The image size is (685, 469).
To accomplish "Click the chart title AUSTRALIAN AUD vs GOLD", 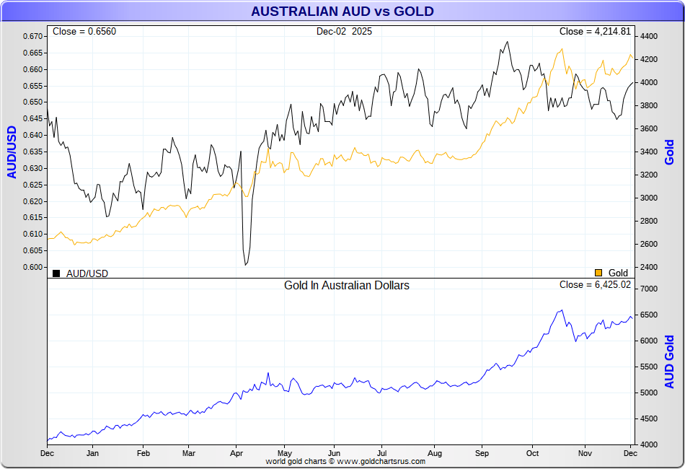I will tap(342, 12).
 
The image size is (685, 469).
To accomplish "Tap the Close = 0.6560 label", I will tap(84, 32).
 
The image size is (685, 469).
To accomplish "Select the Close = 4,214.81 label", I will tap(595, 32).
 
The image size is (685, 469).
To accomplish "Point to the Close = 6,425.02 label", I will tap(595, 285).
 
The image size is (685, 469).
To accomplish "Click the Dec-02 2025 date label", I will tap(345, 32).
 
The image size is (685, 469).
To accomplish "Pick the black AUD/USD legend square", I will tap(56, 273).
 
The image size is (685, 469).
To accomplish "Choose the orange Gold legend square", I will tap(598, 273).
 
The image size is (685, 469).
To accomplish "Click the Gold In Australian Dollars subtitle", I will tap(347, 286).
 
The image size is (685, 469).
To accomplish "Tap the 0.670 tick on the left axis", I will tap(32, 36).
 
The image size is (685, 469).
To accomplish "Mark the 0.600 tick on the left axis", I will tap(32, 267).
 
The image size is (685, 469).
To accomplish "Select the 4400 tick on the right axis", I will tap(648, 36).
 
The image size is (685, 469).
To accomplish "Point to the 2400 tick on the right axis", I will tap(648, 267).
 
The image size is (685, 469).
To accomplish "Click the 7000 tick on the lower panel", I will tap(648, 289).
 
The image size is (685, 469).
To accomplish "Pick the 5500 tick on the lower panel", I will tap(648, 367).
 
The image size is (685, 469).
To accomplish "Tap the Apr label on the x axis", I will tap(236, 454).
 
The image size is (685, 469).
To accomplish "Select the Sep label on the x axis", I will tap(482, 454).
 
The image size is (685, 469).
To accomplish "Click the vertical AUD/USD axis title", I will tap(12, 152).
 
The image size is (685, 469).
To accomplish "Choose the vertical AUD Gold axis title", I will tap(670, 361).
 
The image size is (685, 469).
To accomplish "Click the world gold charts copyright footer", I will tap(345, 461).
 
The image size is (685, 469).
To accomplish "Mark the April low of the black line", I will tap(246, 265).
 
